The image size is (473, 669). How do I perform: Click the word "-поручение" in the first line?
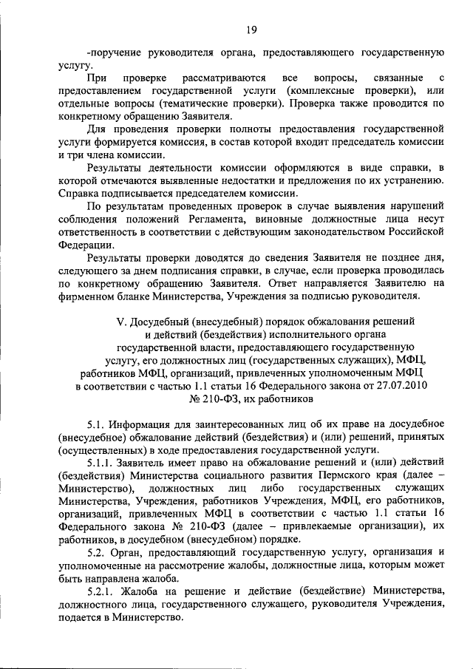coord(113,52)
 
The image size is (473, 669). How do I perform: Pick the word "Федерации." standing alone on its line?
coord(86,245)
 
